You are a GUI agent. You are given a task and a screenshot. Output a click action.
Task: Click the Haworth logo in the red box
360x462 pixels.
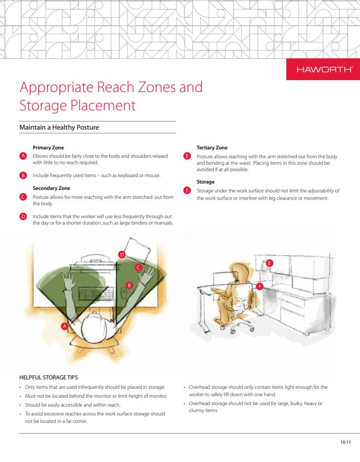pos(324,70)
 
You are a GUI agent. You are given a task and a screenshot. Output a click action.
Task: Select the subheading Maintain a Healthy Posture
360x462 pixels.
pos(59,128)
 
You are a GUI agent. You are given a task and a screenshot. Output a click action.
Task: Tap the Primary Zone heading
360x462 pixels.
pos(48,147)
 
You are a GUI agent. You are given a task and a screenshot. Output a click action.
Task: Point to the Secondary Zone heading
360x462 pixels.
pos(51,188)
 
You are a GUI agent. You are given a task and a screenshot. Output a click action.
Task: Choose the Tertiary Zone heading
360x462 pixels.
pos(212,147)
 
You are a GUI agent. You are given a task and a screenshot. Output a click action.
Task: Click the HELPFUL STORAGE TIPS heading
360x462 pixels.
pos(48,377)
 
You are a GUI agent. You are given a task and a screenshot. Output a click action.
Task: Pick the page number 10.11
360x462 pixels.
pos(346,442)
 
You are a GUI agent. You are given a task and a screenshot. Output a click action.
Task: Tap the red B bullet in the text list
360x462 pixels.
pos(23,176)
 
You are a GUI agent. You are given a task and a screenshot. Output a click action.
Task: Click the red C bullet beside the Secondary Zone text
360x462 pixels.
pos(23,197)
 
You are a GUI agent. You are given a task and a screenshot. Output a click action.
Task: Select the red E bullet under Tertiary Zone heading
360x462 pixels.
pos(187,156)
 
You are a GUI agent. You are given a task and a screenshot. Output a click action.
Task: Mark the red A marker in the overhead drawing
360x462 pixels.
pos(64,326)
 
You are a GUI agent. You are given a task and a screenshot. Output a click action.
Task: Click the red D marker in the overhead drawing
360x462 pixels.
pos(122,255)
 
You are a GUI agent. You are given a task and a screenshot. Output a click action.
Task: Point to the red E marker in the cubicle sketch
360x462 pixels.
pos(270,263)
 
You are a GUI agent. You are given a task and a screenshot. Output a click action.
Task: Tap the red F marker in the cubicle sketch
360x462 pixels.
pos(260,286)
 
